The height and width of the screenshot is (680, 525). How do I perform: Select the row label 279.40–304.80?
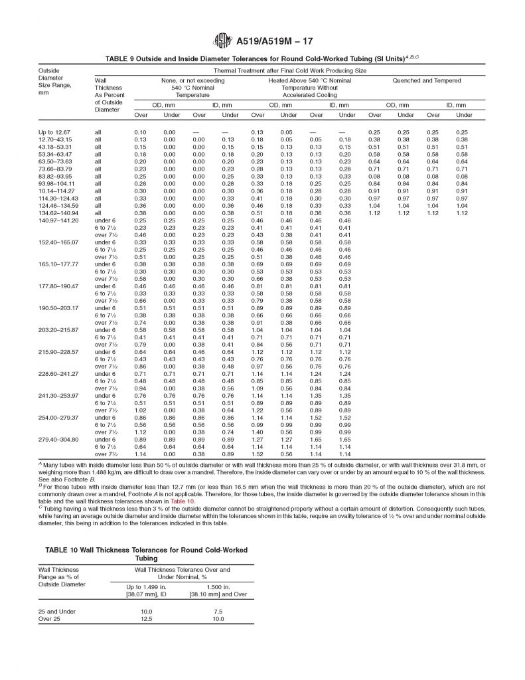click(x=59, y=439)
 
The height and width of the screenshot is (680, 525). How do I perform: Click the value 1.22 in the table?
click(x=258, y=410)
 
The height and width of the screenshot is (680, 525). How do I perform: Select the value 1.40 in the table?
click(x=258, y=432)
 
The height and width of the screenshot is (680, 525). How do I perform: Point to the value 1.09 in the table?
click(x=258, y=388)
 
